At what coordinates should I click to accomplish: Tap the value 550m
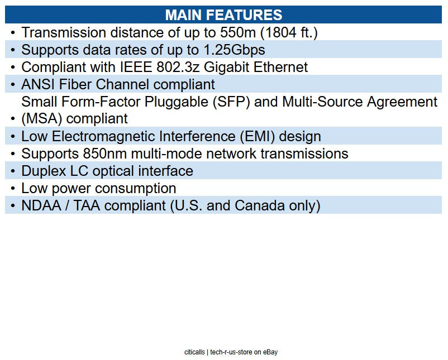pos(238,32)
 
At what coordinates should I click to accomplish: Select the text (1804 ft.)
pos(289,33)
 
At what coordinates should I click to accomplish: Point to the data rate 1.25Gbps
pos(234,50)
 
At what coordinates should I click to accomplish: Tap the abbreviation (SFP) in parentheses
pos(231,102)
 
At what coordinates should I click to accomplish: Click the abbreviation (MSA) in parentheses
pos(42,119)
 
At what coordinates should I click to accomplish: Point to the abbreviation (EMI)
pos(258,137)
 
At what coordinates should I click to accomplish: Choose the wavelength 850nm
pos(105,153)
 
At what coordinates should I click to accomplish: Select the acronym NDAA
pos(41,205)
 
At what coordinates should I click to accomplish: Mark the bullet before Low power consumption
pos(13,189)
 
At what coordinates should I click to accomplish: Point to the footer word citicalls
pos(194,352)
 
